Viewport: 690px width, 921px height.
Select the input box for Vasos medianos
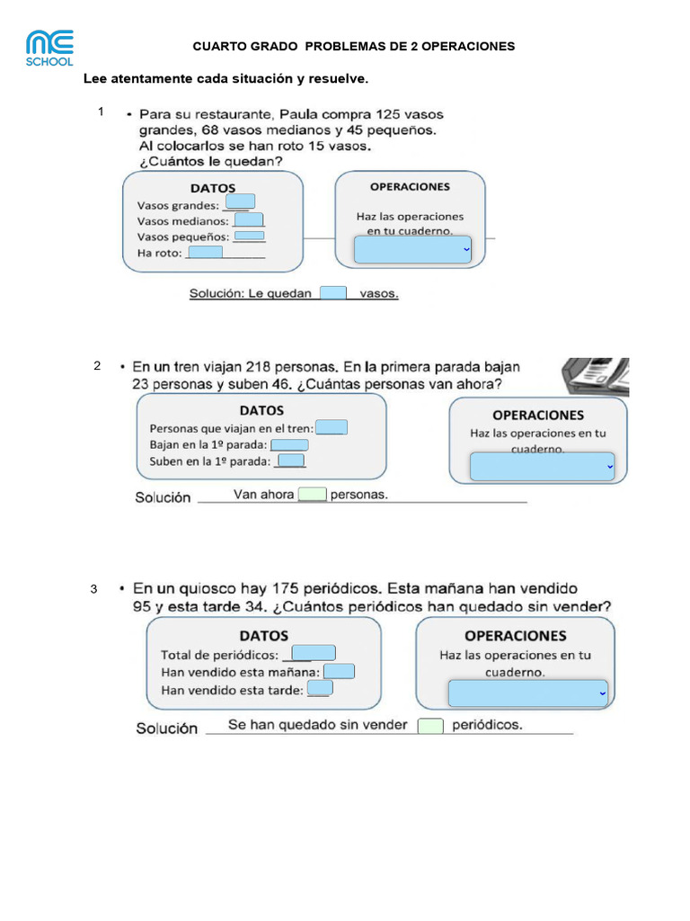click(249, 219)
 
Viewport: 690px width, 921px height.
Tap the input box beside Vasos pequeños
click(250, 237)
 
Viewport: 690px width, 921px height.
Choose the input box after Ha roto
click(206, 253)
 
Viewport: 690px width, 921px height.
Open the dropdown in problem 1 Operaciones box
click(413, 249)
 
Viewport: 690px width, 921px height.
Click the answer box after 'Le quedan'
click(333, 292)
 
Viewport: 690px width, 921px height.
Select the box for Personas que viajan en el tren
click(332, 428)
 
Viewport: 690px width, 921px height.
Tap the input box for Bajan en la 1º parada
click(289, 445)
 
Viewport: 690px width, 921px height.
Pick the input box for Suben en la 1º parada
click(291, 461)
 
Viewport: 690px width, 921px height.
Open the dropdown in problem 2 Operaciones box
click(542, 467)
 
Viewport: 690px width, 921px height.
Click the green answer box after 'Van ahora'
click(313, 494)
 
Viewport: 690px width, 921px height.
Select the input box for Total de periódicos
click(314, 654)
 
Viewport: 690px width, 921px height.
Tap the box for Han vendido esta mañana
click(340, 671)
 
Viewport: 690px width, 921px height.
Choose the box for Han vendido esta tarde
click(320, 688)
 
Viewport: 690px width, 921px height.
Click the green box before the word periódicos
click(430, 726)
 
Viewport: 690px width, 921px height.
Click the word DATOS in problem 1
click(212, 188)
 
